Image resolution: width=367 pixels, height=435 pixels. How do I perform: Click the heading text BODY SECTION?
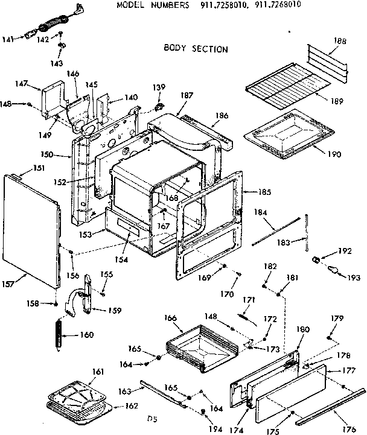tap(196, 49)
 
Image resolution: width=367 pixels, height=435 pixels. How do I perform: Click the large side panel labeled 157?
tap(33, 229)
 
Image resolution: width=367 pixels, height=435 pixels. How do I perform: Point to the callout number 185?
tap(264, 193)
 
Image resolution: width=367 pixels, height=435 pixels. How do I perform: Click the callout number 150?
tap(62, 155)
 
